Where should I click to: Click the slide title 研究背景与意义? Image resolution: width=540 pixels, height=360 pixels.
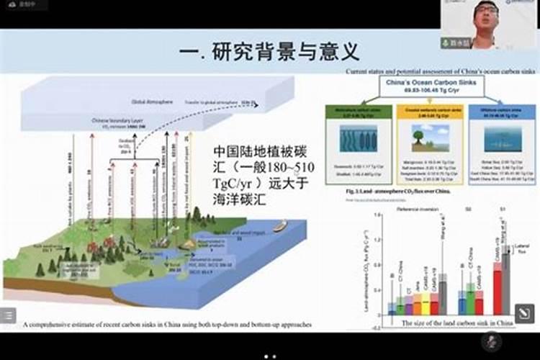click(269, 52)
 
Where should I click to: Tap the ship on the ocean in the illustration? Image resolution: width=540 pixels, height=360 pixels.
click(279, 225)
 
